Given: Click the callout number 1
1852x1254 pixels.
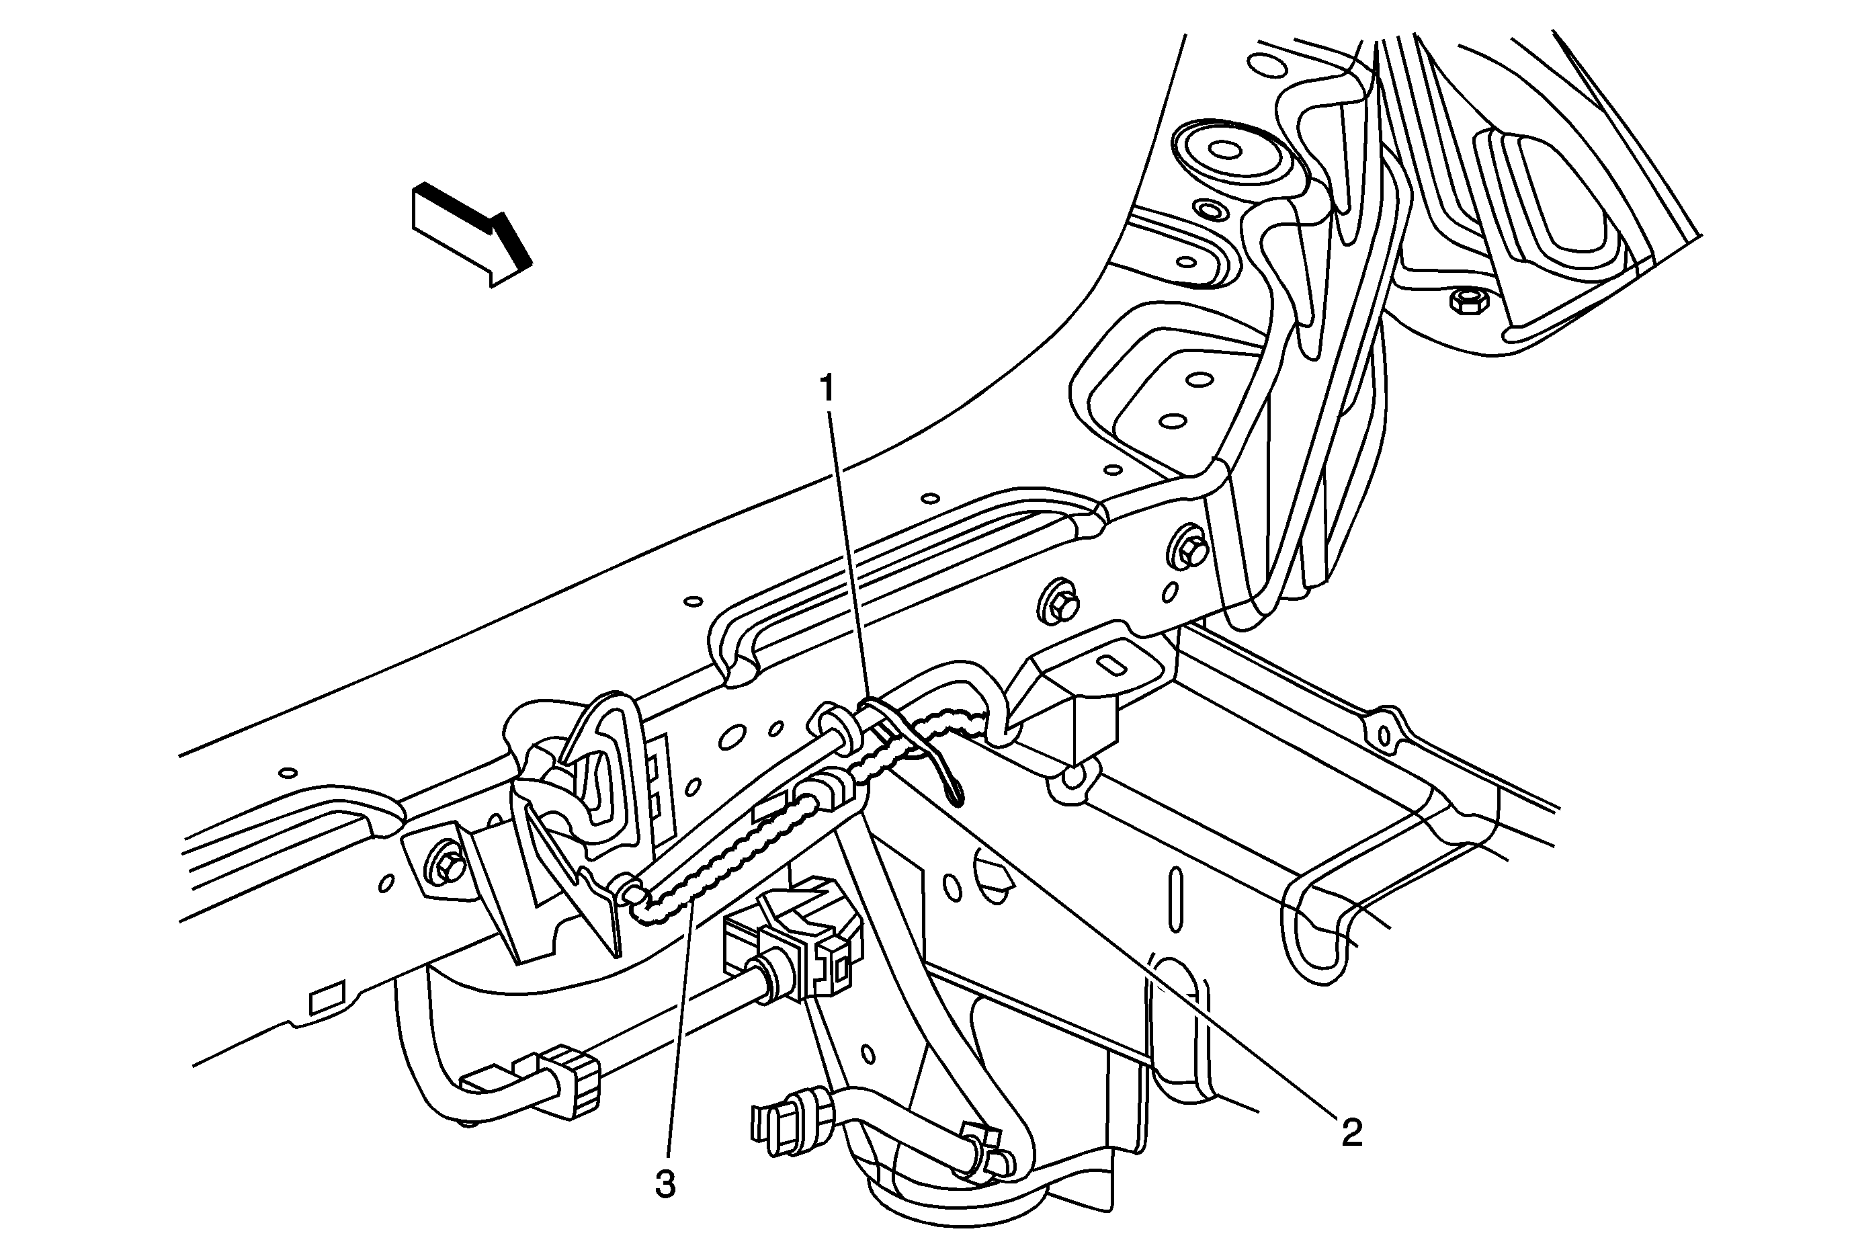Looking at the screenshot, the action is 827,389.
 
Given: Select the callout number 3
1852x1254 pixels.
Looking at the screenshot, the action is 665,1185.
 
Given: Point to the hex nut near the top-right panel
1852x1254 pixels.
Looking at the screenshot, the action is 1465,300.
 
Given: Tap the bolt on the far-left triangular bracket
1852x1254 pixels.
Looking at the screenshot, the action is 446,867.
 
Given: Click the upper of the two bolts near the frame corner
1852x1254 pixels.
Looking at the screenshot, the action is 1190,550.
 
